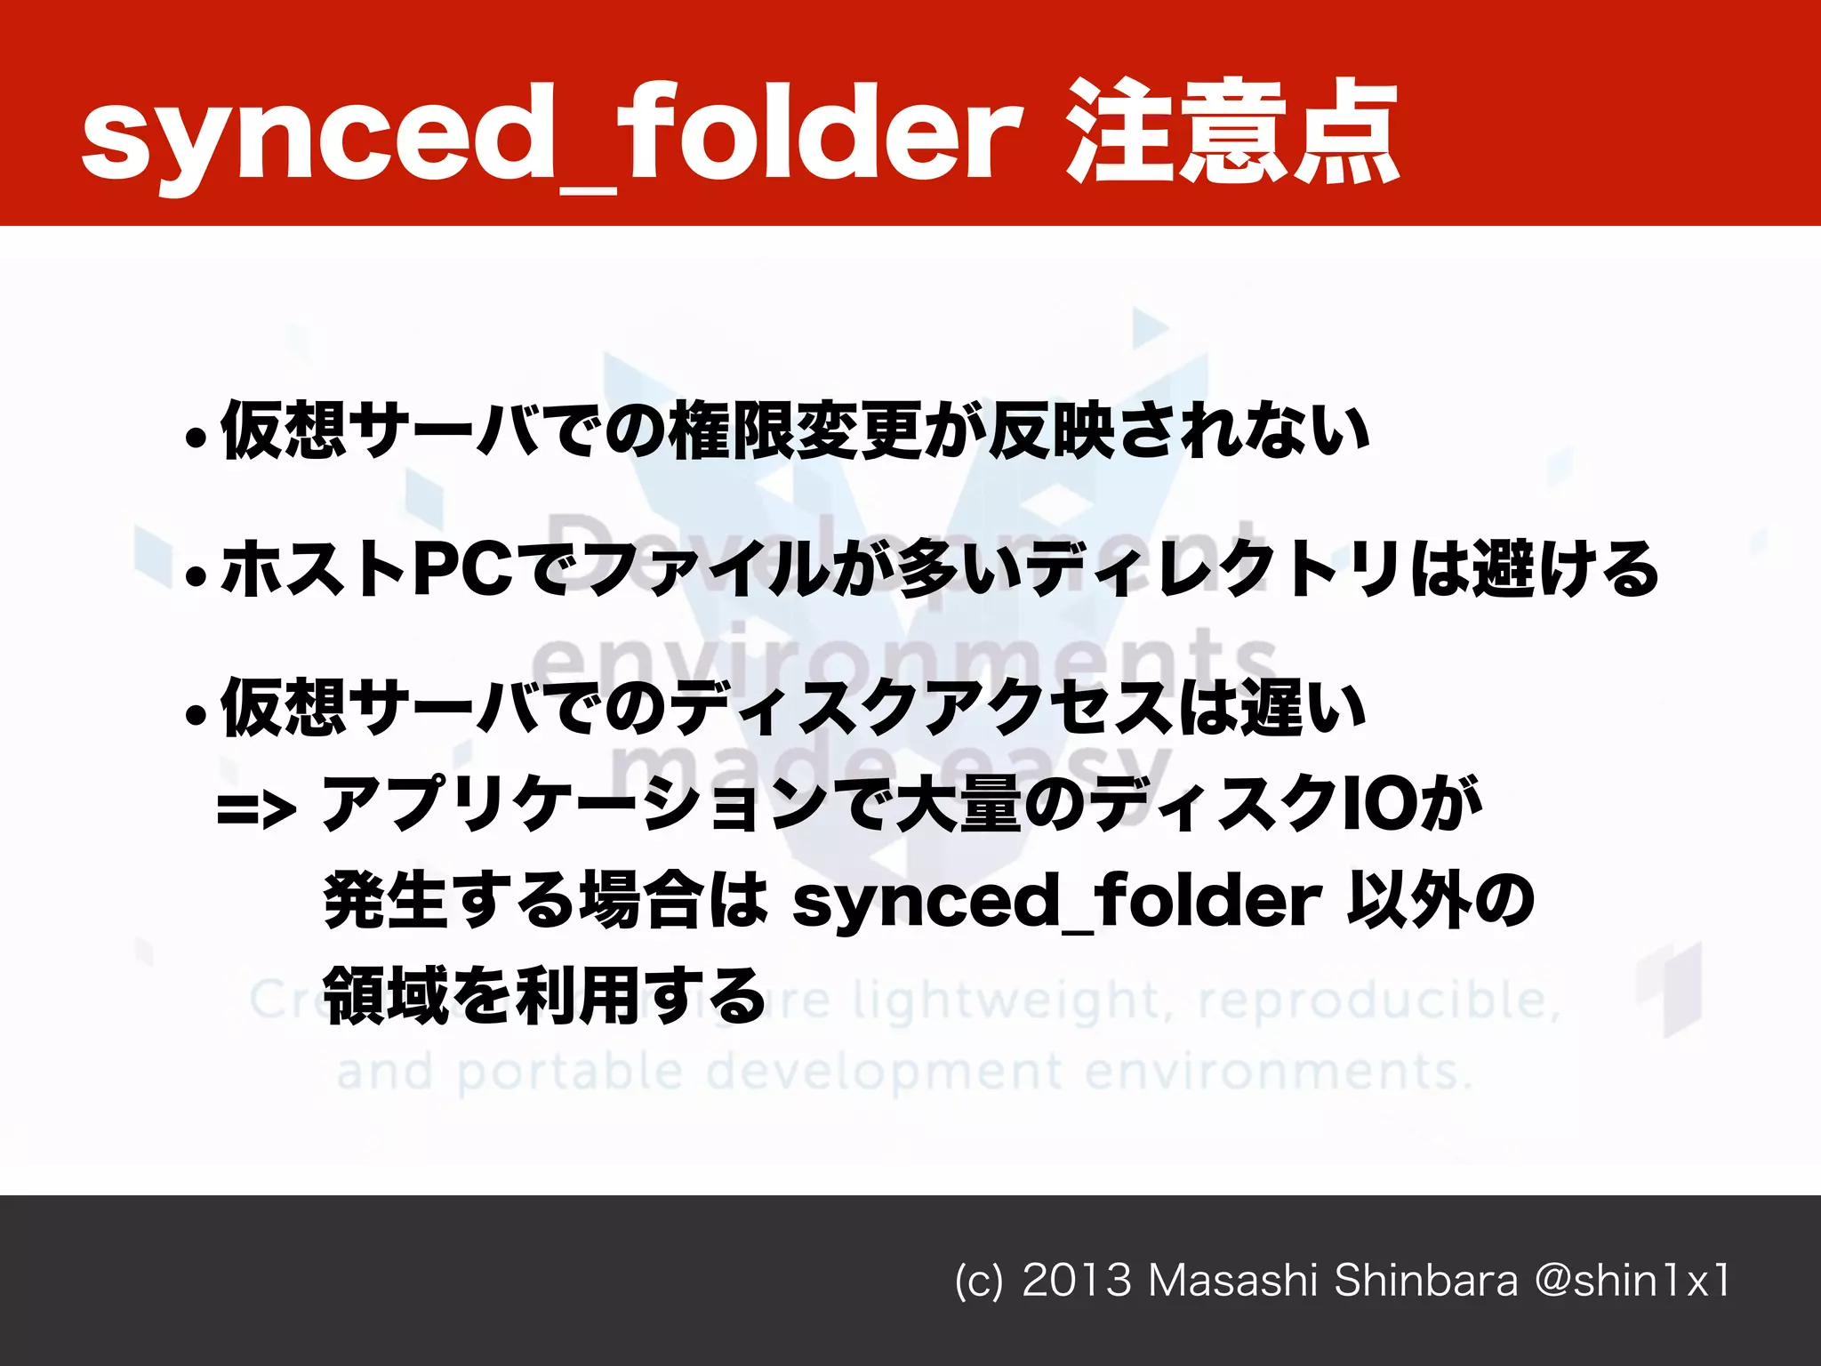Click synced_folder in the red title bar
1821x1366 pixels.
click(x=551, y=133)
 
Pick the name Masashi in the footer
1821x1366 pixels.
click(x=1231, y=1282)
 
